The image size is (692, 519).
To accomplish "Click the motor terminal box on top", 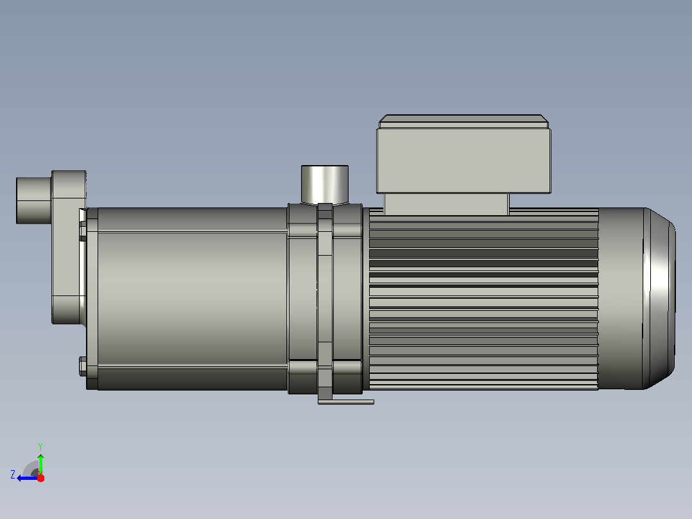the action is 463,161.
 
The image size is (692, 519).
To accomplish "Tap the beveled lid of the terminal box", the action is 464,121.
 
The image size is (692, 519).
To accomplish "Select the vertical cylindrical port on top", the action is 325,184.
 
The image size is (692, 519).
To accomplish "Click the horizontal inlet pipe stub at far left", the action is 34,200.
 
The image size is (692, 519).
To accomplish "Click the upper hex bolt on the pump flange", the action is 83,231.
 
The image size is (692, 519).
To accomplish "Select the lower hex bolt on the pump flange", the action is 83,366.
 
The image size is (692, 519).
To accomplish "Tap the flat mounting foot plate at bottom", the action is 346,402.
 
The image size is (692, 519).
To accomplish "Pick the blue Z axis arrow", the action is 28,478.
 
